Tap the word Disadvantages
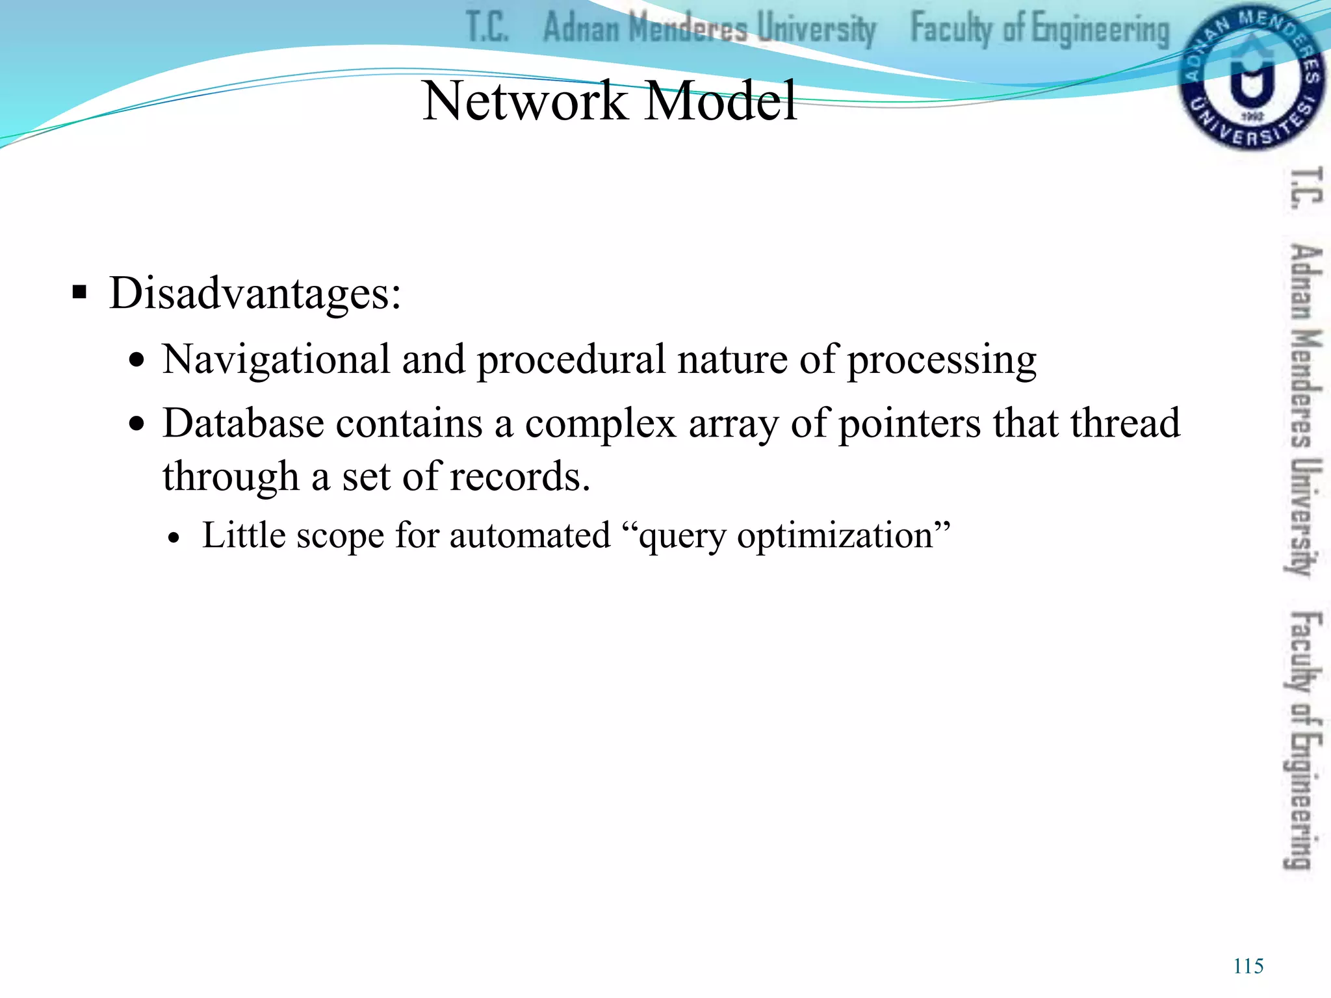[255, 294]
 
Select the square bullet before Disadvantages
[79, 292]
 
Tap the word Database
[243, 424]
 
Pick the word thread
[1125, 424]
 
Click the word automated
[530, 536]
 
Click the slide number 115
[1248, 966]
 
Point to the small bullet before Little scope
[173, 539]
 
